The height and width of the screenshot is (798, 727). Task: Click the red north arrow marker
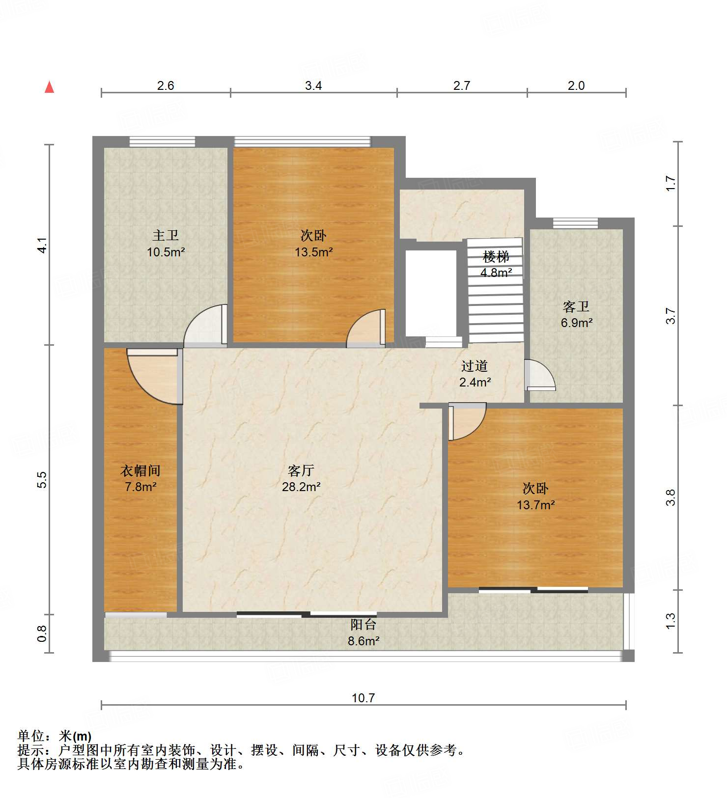tap(49, 87)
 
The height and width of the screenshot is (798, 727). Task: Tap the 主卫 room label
tap(166, 236)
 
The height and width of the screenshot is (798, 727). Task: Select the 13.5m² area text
tap(313, 252)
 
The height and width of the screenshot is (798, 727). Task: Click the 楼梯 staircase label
tap(496, 256)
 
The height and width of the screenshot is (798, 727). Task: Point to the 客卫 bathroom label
tap(576, 307)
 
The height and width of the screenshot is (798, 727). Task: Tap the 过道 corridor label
tap(474, 366)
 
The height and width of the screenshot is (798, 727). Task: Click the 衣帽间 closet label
tap(140, 470)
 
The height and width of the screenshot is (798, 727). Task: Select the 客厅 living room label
tap(301, 470)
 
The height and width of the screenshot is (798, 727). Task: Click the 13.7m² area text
tap(535, 505)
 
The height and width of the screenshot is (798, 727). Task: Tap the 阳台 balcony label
tap(363, 625)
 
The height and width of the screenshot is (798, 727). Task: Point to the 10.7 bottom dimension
tap(363, 698)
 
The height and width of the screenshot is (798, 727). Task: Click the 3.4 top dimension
tap(313, 86)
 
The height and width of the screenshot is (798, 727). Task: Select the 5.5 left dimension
tap(42, 479)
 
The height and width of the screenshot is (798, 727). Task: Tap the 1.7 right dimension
tap(671, 184)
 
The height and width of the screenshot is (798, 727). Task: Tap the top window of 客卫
tap(575, 223)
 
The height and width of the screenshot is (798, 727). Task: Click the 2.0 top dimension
tap(576, 86)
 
